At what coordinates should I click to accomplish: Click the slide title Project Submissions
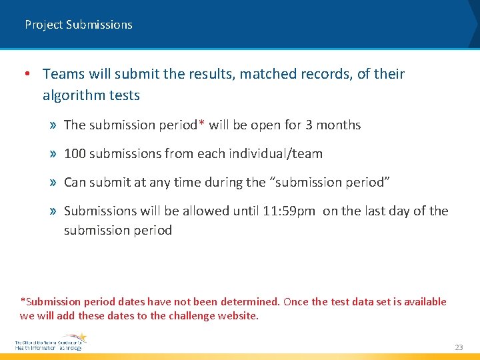tap(79, 25)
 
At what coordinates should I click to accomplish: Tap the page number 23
tap(458, 347)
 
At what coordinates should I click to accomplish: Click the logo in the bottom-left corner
tap(50, 342)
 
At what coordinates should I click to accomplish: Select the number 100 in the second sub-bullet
tap(75, 153)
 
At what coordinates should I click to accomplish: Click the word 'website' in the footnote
tap(237, 315)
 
